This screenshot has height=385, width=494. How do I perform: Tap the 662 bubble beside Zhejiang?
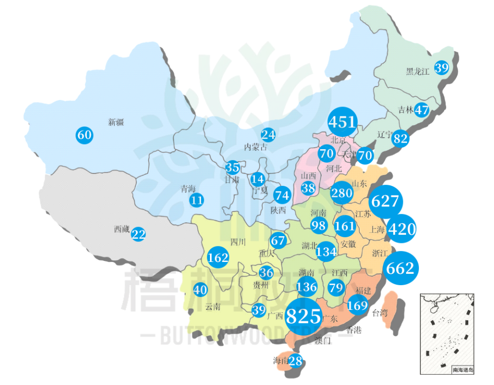(x=400, y=268)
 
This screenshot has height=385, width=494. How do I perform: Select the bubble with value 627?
(x=385, y=201)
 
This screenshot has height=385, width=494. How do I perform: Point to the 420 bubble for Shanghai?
(x=401, y=229)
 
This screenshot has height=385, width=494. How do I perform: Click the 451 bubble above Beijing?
(x=343, y=122)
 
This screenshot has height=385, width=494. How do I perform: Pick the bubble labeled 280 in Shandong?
(x=341, y=193)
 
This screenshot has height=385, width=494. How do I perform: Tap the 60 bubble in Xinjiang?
(x=84, y=135)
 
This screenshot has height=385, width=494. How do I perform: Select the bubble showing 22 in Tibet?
(x=138, y=234)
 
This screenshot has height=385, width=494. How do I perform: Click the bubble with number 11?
(x=197, y=200)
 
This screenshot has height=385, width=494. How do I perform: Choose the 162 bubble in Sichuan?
(x=218, y=257)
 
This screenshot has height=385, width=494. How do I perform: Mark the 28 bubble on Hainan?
(x=295, y=361)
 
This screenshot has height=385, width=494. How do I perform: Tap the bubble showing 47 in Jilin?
(x=422, y=110)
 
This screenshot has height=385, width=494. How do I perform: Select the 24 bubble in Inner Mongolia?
(x=268, y=135)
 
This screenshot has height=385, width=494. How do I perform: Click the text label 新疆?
(x=116, y=122)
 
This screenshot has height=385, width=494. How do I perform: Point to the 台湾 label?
(x=380, y=312)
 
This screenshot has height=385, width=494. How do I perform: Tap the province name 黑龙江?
(x=417, y=72)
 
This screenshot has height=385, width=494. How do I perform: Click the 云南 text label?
(x=213, y=307)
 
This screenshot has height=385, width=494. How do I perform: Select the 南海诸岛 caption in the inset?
(x=463, y=370)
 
